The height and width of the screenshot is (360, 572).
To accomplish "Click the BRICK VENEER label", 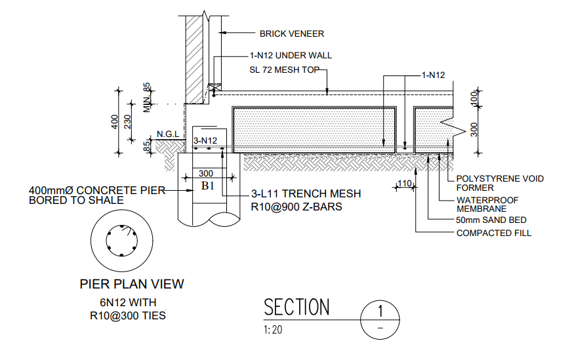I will [291, 33].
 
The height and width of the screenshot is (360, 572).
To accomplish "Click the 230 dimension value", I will [129, 123].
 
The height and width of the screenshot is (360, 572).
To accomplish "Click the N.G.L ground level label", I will [168, 135].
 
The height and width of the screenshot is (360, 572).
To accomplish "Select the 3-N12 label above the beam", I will [205, 140].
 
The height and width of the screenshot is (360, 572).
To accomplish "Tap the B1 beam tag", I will [208, 186].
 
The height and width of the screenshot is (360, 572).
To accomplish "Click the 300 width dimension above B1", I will [206, 173].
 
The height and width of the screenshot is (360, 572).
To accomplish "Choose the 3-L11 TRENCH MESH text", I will [306, 194].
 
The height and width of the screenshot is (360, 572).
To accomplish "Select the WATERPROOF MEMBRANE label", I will [487, 204].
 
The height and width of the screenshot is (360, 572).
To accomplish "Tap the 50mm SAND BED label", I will [491, 220].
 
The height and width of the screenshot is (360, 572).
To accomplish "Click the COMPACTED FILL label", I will [494, 233].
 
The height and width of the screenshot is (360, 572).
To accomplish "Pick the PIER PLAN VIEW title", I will [132, 284].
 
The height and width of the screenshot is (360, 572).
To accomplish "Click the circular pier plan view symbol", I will [123, 243].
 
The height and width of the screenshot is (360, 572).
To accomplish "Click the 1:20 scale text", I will [273, 330].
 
